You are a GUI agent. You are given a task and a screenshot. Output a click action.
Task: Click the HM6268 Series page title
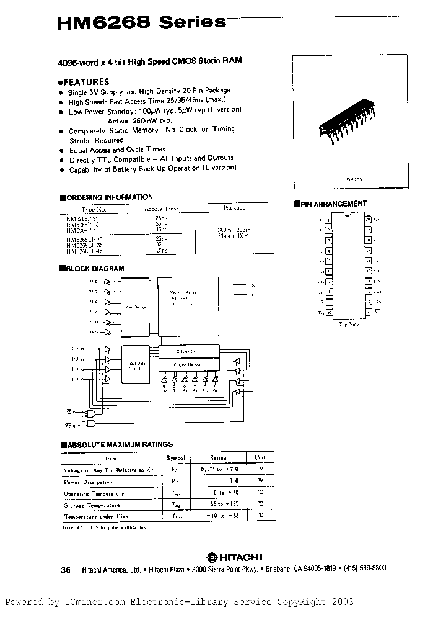click(x=141, y=23)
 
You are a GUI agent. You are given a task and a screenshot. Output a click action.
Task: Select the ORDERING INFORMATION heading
click(x=107, y=197)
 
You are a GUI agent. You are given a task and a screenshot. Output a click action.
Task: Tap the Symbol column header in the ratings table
click(x=172, y=457)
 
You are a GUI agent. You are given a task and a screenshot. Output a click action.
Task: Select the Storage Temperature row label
click(x=94, y=505)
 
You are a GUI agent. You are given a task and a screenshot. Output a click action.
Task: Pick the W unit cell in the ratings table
click(x=261, y=481)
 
